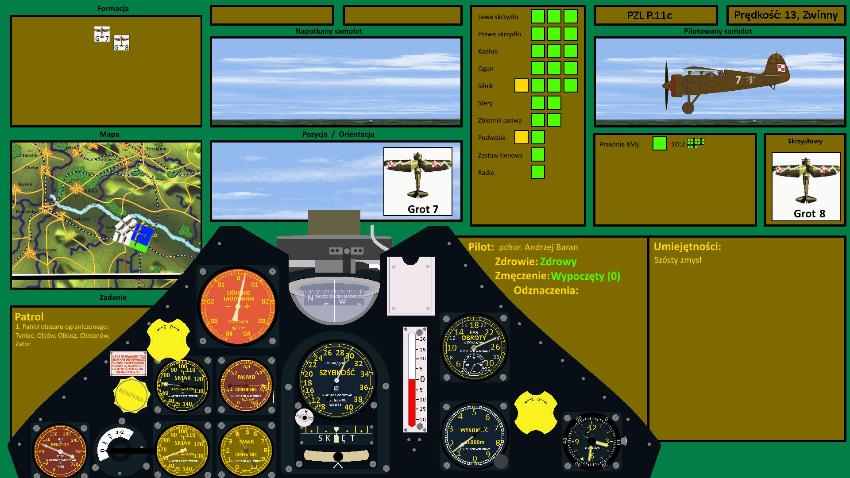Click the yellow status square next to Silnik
pyautogui.click(x=521, y=85)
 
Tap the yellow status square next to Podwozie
pyautogui.click(x=521, y=137)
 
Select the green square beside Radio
pyautogui.click(x=537, y=172)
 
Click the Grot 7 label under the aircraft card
pyautogui.click(x=423, y=209)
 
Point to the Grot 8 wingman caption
pyautogui.click(x=809, y=214)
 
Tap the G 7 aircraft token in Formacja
pyautogui.click(x=102, y=34)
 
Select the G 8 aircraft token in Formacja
pyautogui.click(x=121, y=43)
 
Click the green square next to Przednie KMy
pyautogui.click(x=659, y=143)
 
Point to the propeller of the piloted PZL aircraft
pyautogui.click(x=666, y=85)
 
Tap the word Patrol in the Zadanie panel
pyautogui.click(x=29, y=317)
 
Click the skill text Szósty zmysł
pyautogui.click(x=677, y=260)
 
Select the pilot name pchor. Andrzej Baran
pyautogui.click(x=538, y=247)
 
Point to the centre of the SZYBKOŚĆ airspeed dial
pyautogui.click(x=336, y=380)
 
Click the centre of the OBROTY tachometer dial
pyautogui.click(x=474, y=348)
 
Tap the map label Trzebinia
pyautogui.click(x=156, y=149)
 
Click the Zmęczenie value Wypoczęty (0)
pyautogui.click(x=585, y=276)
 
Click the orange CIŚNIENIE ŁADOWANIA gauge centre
pyautogui.click(x=238, y=306)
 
